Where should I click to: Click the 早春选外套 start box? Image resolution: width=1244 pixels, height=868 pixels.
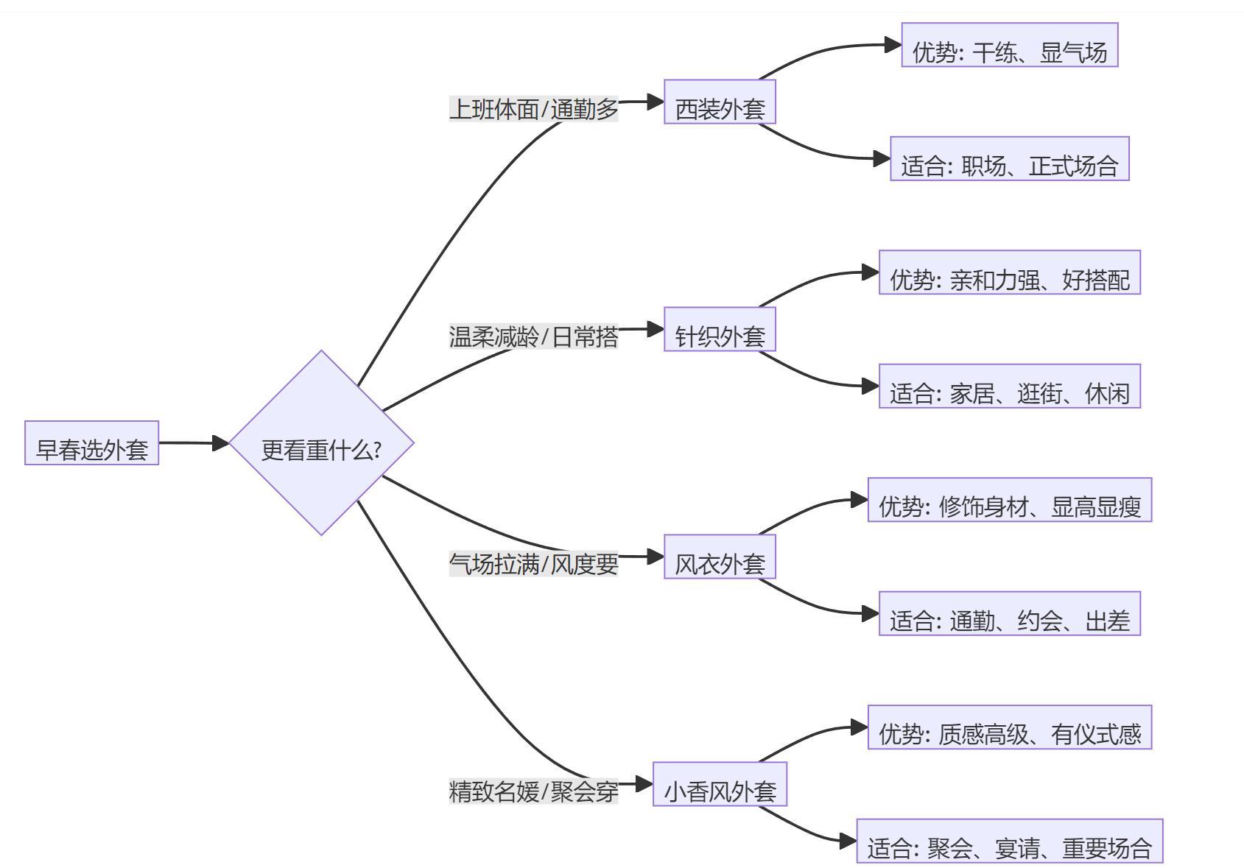click(x=91, y=443)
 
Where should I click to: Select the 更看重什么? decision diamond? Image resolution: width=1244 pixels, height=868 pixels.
click(x=321, y=443)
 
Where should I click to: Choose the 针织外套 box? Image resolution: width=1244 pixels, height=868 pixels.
click(x=720, y=329)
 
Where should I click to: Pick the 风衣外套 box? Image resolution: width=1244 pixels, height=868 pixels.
click(x=720, y=557)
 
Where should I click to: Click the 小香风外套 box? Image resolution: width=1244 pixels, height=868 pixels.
click(x=720, y=784)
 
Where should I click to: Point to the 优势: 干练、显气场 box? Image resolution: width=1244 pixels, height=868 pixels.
click(x=1009, y=45)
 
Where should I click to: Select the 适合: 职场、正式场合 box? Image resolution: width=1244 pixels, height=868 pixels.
click(x=1009, y=158)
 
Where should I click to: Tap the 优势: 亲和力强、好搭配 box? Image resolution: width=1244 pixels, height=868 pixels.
click(x=1009, y=272)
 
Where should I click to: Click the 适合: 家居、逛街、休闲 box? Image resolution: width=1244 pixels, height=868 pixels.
click(x=1009, y=386)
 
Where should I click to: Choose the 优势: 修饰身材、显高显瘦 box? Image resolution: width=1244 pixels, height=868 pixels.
click(x=1009, y=500)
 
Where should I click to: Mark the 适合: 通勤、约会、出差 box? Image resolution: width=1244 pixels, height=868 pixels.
click(x=1009, y=613)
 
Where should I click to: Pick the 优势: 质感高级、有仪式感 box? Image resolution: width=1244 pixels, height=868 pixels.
click(x=1009, y=727)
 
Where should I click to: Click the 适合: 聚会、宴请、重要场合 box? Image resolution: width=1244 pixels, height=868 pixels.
click(x=1009, y=841)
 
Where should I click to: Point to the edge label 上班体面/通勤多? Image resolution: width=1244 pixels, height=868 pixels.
click(x=533, y=109)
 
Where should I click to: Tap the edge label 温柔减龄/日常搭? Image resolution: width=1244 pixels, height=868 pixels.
click(x=533, y=336)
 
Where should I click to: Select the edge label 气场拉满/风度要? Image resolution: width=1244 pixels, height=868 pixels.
click(x=533, y=564)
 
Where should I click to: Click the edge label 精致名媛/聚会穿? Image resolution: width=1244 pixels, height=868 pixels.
click(x=533, y=791)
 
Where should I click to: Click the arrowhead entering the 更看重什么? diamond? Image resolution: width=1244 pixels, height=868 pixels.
click(x=221, y=443)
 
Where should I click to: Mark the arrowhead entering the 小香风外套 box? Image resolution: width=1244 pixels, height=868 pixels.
click(x=644, y=784)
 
